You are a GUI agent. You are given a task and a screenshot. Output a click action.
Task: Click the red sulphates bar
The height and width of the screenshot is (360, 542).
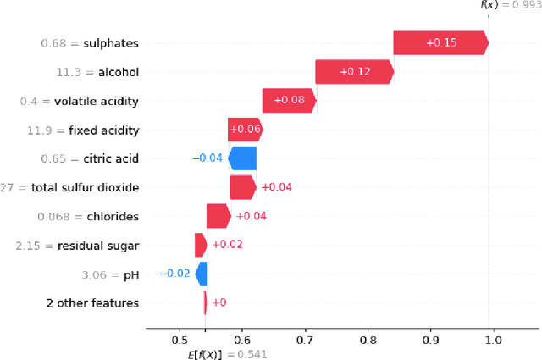click(x=440, y=43)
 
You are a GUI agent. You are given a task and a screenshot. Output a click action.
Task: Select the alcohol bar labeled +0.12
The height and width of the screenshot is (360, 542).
click(x=354, y=72)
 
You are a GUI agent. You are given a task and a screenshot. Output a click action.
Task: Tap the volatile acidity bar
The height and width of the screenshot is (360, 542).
click(x=289, y=101)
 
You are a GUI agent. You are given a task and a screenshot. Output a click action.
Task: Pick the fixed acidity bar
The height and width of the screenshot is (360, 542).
click(x=245, y=130)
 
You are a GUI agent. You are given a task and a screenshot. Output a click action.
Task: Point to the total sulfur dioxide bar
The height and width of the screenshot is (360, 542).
click(x=242, y=187)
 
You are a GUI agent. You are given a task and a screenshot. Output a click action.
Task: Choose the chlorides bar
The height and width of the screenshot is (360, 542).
click(x=218, y=216)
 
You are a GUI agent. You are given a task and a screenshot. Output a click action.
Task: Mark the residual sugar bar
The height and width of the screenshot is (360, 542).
click(x=201, y=245)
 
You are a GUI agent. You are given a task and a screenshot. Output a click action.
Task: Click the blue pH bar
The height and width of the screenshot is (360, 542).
click(x=202, y=274)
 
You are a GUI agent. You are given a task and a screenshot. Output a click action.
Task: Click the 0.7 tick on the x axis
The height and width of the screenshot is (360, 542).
click(x=305, y=340)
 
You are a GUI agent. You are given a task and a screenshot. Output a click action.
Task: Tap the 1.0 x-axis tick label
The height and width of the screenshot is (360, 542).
click(x=493, y=340)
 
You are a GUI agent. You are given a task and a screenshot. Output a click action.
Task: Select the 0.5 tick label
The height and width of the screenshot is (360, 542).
click(x=180, y=340)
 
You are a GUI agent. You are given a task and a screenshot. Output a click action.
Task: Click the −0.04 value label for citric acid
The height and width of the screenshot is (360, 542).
click(x=207, y=158)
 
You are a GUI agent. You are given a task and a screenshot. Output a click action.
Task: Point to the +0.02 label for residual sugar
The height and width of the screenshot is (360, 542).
click(x=226, y=245)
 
